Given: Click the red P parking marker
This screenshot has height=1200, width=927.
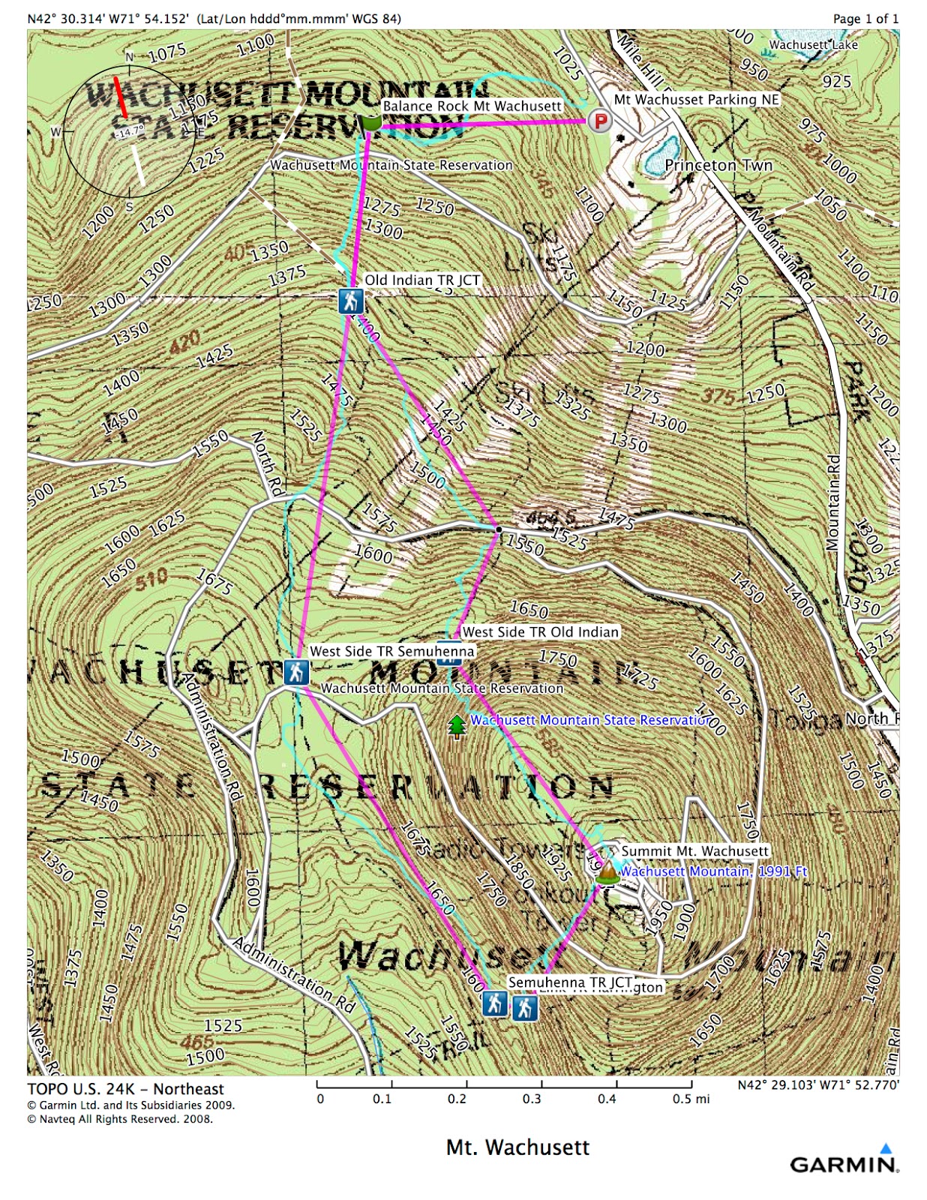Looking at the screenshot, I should click(598, 120).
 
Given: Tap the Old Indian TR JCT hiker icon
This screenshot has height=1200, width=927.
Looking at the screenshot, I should click(350, 301).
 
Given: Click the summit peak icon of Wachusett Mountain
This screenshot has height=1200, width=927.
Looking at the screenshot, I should click(607, 873).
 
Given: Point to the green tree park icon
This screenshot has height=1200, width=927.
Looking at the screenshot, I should click(456, 726).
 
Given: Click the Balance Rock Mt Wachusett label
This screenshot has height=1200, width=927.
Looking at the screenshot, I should click(472, 106).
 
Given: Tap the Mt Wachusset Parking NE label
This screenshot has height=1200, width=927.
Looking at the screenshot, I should click(697, 100).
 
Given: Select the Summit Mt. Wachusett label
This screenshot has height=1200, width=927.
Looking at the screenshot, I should click(694, 851).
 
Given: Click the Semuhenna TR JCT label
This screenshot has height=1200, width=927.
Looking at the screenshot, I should click(570, 982).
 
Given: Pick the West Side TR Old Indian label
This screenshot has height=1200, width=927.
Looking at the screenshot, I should click(540, 632).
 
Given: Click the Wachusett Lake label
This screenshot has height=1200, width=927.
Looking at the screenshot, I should click(813, 44).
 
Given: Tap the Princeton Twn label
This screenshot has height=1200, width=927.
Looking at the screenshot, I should click(718, 165).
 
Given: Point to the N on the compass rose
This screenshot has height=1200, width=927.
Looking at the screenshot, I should click(129, 57).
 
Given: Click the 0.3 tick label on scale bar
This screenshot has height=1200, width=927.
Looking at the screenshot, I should click(532, 1099).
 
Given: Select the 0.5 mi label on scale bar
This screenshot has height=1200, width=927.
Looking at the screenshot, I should click(691, 1099).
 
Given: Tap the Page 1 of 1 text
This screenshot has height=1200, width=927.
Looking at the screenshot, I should click(865, 19).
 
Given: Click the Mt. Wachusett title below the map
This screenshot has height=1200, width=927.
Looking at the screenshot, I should click(517, 1147).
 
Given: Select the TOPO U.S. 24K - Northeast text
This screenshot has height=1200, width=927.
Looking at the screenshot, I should click(125, 1089).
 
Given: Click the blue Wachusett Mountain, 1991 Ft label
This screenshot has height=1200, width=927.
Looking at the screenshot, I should click(713, 871).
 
